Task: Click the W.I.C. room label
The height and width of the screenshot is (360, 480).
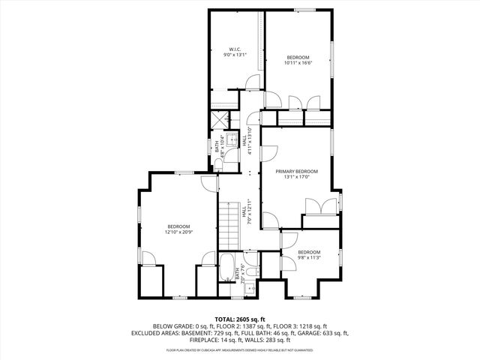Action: pyautogui.click(x=234, y=49)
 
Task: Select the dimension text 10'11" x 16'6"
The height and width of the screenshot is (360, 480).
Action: pyautogui.click(x=298, y=63)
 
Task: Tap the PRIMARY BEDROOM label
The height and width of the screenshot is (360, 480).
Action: pyautogui.click(x=296, y=172)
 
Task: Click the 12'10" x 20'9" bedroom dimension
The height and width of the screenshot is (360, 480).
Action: pyautogui.click(x=178, y=232)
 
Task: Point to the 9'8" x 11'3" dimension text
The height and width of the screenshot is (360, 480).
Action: pyautogui.click(x=309, y=257)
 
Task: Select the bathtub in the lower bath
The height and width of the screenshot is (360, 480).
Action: pyautogui.click(x=227, y=268)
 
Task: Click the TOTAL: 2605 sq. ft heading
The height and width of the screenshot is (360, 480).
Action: pyautogui.click(x=240, y=319)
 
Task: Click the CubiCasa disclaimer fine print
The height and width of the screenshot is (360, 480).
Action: pyautogui.click(x=240, y=349)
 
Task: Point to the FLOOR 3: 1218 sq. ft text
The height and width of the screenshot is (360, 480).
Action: pyautogui.click(x=299, y=326)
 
